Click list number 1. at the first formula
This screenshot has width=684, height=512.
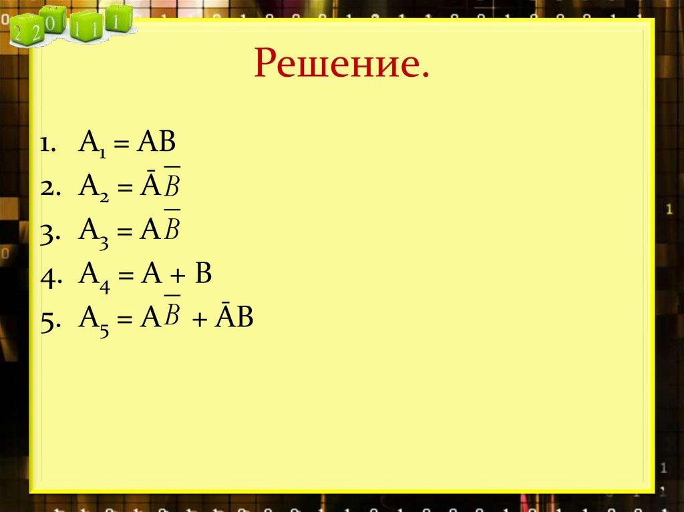(49, 145)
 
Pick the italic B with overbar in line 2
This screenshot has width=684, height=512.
(172, 186)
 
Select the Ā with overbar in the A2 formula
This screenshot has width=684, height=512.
(147, 187)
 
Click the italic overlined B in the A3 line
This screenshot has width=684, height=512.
(172, 230)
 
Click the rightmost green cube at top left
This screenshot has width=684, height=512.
(116, 19)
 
